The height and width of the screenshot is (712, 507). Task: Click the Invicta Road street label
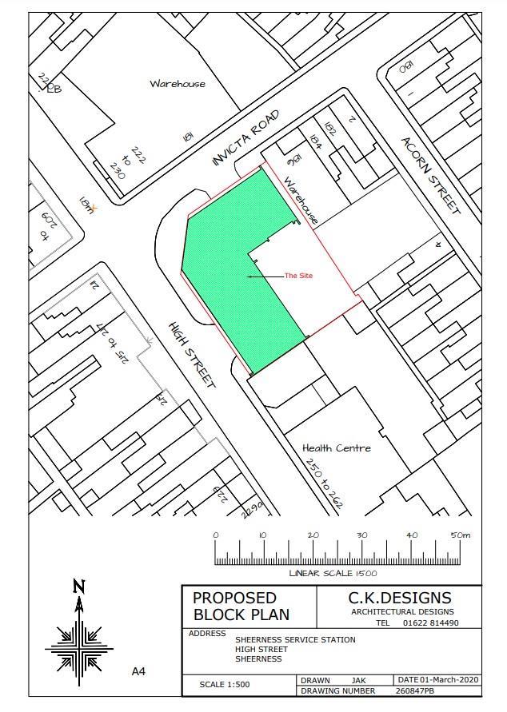pyautogui.click(x=247, y=137)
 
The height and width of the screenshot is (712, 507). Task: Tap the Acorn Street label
pyautogui.click(x=431, y=175)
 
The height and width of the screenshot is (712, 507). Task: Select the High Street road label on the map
pyautogui.click(x=193, y=354)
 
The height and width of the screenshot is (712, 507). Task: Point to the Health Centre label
pyautogui.click(x=337, y=448)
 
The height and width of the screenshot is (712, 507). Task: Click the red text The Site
pyautogui.click(x=298, y=276)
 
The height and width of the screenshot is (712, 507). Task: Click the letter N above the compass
pyautogui.click(x=78, y=586)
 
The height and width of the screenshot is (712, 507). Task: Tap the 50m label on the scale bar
pyautogui.click(x=461, y=535)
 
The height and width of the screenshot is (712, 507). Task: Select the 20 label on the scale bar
pyautogui.click(x=313, y=535)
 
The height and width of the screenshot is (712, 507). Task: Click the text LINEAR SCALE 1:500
pyautogui.click(x=333, y=573)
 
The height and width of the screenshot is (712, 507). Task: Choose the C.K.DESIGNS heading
pyautogui.click(x=400, y=598)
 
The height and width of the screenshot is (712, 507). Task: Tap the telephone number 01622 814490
pyautogui.click(x=430, y=623)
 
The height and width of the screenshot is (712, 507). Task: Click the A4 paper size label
pyautogui.click(x=138, y=672)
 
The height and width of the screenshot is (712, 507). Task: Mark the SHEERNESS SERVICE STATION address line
pyautogui.click(x=295, y=640)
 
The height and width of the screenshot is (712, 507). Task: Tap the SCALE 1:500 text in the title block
pyautogui.click(x=225, y=685)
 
